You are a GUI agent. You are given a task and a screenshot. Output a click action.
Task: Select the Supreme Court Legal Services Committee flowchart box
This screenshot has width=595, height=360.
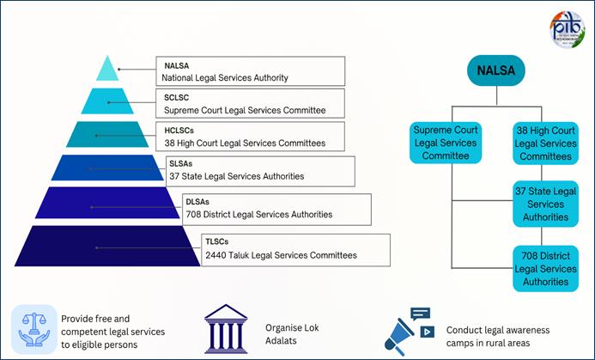pyautogui.click(x=445, y=143)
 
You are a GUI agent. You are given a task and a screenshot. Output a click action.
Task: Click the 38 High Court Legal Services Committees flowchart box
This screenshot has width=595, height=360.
pyautogui.click(x=545, y=143)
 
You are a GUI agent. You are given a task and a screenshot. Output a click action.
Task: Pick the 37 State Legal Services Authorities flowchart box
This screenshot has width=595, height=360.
pyautogui.click(x=545, y=204)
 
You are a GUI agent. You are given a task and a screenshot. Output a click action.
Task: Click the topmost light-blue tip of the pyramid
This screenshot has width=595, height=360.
pyautogui.click(x=107, y=69)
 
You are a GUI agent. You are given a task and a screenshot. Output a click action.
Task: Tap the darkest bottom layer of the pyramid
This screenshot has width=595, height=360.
pyautogui.click(x=96, y=247)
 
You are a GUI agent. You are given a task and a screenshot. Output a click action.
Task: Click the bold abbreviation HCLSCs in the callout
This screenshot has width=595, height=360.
pyautogui.click(x=181, y=130)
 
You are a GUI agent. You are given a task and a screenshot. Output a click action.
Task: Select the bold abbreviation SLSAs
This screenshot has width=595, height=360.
pyautogui.click(x=181, y=163)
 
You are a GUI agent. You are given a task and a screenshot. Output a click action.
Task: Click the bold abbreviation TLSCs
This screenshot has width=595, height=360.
pyautogui.click(x=219, y=242)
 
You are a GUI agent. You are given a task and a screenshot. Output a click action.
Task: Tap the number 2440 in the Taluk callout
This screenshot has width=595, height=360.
pyautogui.click(x=216, y=255)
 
